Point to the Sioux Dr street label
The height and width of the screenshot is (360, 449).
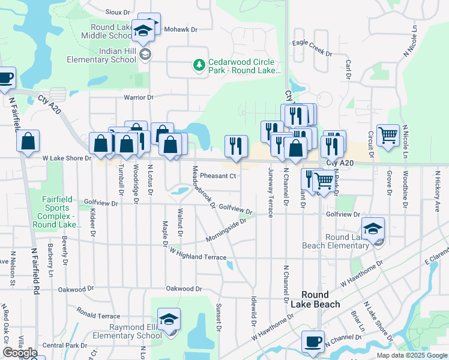coord(118,12)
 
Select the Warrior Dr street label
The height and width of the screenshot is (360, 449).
coord(139,97)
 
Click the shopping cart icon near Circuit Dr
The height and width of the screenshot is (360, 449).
coord(388,136)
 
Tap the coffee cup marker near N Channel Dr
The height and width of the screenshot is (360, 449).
coord(312,341)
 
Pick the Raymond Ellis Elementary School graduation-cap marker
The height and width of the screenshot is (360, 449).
coord(169,319)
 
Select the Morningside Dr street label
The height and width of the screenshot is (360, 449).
coord(226,230)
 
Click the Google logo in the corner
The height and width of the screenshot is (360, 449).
coord(20,353)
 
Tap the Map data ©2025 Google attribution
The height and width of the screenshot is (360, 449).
coord(411,355)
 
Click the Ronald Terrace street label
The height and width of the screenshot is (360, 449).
coord(98,313)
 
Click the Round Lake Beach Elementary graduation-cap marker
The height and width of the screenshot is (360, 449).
coord(373,229)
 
